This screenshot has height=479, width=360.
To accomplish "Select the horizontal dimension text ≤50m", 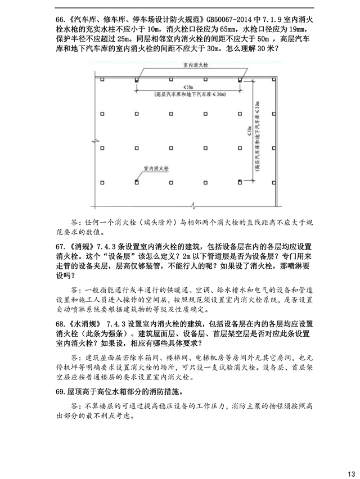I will pyautogui.click(x=188, y=87).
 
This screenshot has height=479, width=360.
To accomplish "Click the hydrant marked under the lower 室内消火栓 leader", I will pyautogui.click(x=137, y=182).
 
